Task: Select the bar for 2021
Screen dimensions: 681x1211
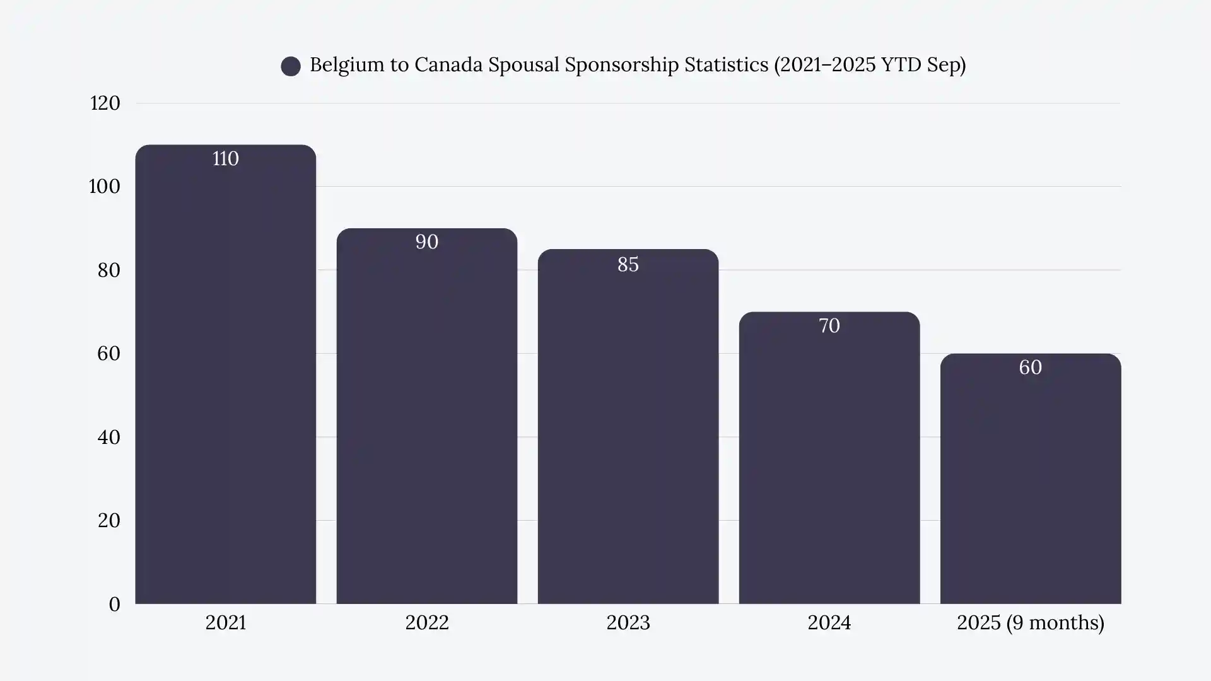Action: (225, 378)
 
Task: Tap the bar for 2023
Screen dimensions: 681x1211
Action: (628, 429)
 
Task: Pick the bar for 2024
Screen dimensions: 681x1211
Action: (829, 460)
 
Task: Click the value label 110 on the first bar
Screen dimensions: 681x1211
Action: (225, 158)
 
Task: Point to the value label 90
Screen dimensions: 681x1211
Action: (426, 242)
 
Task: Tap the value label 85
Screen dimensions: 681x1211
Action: (628, 264)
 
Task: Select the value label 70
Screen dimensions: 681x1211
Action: (829, 326)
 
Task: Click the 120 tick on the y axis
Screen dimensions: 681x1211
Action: (105, 103)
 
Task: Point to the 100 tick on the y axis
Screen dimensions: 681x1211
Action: (104, 187)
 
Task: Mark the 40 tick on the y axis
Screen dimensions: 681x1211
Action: (108, 437)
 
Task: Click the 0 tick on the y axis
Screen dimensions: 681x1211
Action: (114, 604)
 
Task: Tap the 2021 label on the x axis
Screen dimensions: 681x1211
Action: (225, 623)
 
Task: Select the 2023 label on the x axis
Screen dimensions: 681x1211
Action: (628, 623)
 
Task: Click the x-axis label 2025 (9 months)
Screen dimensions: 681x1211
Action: (1030, 623)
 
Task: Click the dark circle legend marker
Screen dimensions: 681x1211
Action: (291, 66)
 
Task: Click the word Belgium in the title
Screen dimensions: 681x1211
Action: (346, 65)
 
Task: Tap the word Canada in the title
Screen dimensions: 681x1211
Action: (448, 65)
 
